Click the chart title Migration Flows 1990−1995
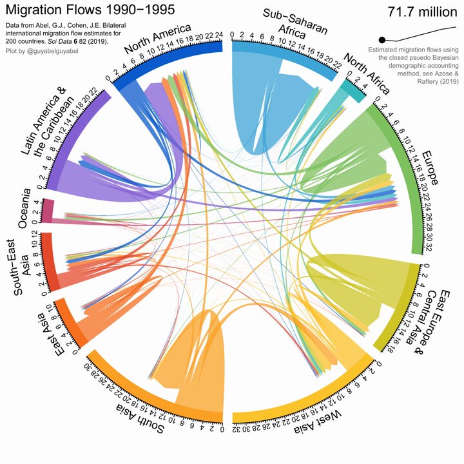point(90,10)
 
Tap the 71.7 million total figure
point(423,12)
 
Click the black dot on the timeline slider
point(382,40)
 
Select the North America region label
point(157,39)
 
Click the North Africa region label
point(366,74)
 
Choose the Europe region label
point(430,168)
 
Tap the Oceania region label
point(24,208)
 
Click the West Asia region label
point(318,420)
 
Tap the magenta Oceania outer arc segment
point(48,211)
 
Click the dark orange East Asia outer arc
point(70,324)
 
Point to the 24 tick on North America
point(218,35)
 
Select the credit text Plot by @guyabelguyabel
point(42,51)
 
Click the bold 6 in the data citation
point(75,41)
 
